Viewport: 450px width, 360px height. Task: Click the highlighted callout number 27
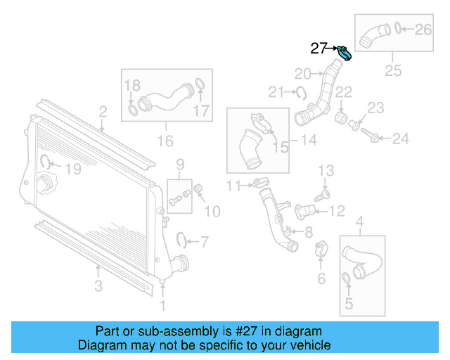pyautogui.click(x=319, y=49)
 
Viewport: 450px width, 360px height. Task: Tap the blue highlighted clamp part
pyautogui.click(x=345, y=53)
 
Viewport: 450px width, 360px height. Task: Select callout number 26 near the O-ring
pyautogui.click(x=423, y=30)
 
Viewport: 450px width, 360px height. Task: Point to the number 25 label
pyautogui.click(x=393, y=70)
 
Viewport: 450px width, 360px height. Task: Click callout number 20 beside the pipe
pyautogui.click(x=302, y=73)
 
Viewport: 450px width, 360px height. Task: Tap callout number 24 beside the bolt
pyautogui.click(x=400, y=139)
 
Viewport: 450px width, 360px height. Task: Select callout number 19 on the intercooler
pyautogui.click(x=73, y=169)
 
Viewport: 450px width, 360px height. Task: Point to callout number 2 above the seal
pyautogui.click(x=103, y=111)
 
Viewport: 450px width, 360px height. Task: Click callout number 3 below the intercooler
pyautogui.click(x=98, y=285)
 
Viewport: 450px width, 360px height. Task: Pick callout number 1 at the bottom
pyautogui.click(x=163, y=305)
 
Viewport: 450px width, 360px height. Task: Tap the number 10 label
pyautogui.click(x=212, y=210)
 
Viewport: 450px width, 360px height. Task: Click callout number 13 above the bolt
pyautogui.click(x=326, y=171)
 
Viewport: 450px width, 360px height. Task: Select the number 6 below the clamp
pyautogui.click(x=321, y=278)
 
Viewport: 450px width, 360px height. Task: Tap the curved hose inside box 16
pyautogui.click(x=165, y=98)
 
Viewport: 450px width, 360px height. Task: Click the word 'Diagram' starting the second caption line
pyautogui.click(x=103, y=345)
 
